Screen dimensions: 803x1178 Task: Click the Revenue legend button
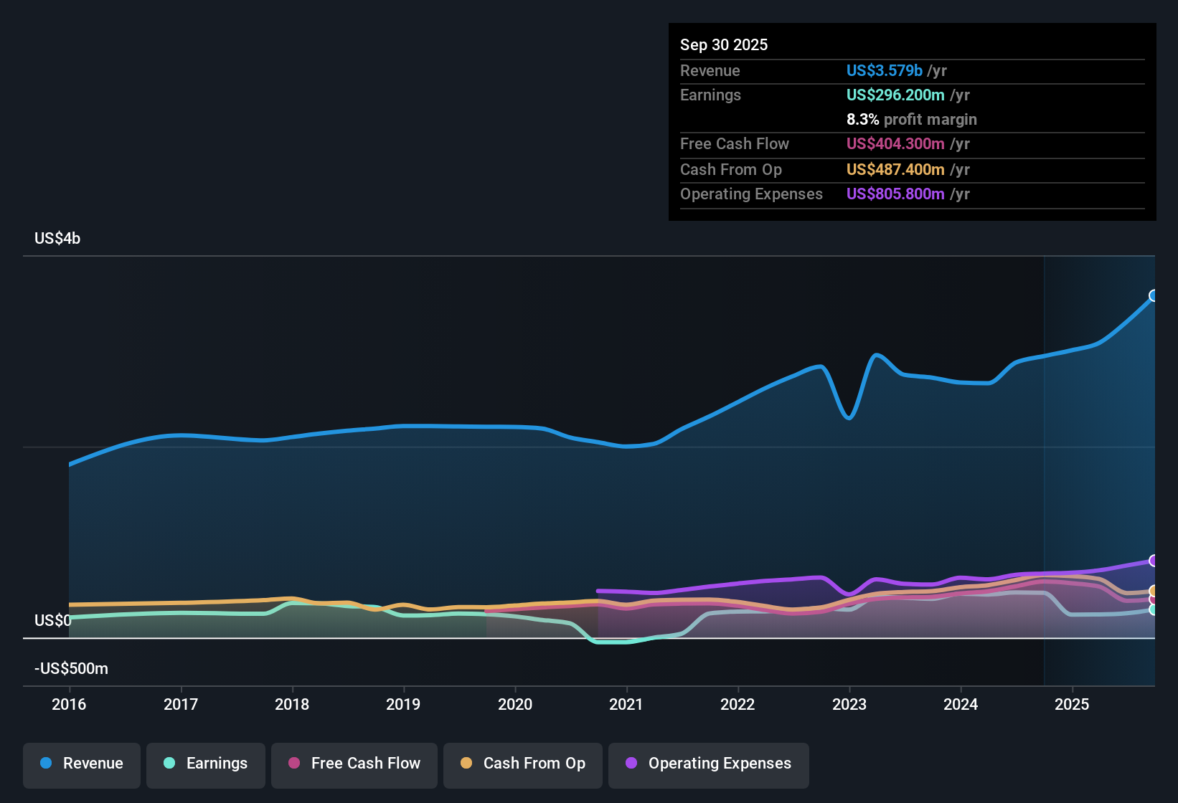point(82,764)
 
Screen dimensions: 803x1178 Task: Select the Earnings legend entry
point(206,764)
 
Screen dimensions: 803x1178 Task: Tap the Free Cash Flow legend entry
point(354,764)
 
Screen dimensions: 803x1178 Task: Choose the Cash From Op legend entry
point(523,764)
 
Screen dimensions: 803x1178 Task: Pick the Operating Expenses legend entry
point(709,764)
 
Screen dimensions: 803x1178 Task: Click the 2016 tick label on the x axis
point(69,705)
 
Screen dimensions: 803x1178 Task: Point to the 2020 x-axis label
point(515,705)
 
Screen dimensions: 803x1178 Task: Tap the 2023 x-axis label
point(849,705)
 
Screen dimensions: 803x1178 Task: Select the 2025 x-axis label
point(1072,705)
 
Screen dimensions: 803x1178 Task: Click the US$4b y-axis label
point(57,239)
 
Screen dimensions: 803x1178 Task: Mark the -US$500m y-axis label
point(71,669)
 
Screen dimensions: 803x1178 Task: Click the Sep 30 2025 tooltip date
point(723,45)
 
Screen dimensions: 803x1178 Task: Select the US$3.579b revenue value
point(884,71)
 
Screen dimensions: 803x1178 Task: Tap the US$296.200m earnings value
point(895,95)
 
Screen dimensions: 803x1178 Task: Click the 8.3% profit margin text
point(911,120)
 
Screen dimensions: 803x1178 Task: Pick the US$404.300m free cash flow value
point(895,144)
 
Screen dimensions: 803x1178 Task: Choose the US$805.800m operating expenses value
point(895,194)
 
